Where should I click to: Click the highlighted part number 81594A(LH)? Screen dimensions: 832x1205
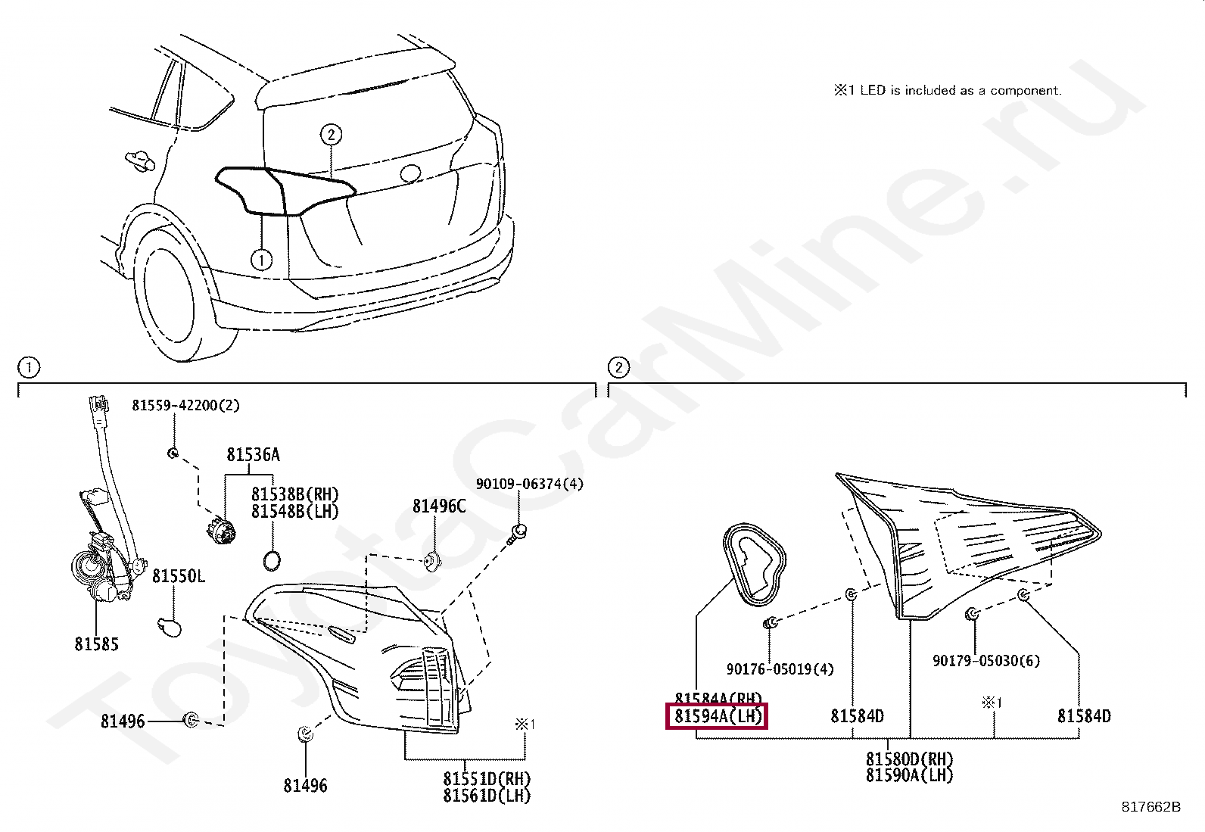pos(717,715)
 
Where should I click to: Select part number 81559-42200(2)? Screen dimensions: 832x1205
pos(185,406)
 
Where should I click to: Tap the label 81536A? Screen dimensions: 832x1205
pos(253,454)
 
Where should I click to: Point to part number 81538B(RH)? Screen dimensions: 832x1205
pos(295,495)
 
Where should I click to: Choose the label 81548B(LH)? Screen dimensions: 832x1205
pos(295,512)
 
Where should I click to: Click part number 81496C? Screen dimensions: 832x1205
pos(439,506)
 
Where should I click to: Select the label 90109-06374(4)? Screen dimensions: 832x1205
pos(529,484)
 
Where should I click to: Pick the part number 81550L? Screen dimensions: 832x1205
pos(179,576)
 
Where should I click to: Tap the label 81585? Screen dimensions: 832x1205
pos(96,644)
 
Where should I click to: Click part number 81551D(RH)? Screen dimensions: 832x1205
pos(487,779)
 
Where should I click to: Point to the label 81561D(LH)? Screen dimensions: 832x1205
pos(487,796)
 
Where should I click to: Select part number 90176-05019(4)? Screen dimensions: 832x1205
pos(780,669)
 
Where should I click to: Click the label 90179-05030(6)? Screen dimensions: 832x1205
pos(985,661)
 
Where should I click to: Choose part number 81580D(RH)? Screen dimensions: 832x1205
pos(910,759)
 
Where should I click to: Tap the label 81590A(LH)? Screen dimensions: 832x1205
pos(910,775)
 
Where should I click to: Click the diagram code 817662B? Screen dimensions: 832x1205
pos(1151,807)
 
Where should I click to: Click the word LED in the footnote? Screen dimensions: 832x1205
pos(873,91)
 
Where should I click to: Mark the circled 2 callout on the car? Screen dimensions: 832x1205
pos(331,135)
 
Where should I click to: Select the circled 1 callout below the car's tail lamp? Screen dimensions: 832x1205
pos(261,260)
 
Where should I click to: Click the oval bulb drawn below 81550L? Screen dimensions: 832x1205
pos(170,626)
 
